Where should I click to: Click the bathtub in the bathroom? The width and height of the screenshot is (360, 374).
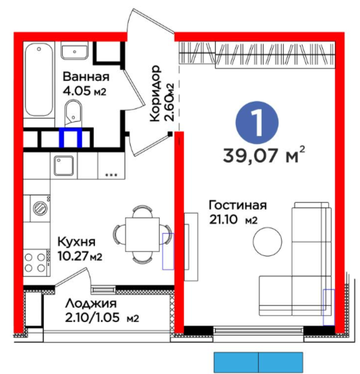click(x=39, y=80)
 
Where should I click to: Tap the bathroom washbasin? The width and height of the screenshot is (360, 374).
click(x=74, y=51)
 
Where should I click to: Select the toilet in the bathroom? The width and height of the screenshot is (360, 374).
click(x=73, y=113)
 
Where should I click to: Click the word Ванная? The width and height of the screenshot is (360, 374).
click(x=86, y=77)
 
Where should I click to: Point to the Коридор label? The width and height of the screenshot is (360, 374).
click(x=154, y=94)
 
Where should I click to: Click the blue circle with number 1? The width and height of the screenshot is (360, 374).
click(x=257, y=123)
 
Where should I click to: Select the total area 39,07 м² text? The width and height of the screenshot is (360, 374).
click(x=264, y=155)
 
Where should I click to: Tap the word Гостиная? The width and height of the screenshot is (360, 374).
click(x=237, y=206)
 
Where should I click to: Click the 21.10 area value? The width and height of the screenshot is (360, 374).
click(x=223, y=220)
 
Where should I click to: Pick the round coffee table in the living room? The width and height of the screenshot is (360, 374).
click(x=268, y=241)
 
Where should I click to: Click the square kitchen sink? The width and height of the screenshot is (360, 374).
click(x=63, y=166)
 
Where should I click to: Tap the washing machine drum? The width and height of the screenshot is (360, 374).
click(x=40, y=208)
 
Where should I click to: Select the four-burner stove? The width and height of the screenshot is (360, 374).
click(x=36, y=262)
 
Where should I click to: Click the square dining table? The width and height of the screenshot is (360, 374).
click(x=142, y=235)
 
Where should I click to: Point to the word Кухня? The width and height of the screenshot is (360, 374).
click(x=76, y=242)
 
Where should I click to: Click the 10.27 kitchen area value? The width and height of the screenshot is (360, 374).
click(x=73, y=256)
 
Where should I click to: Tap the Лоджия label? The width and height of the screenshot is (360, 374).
click(x=91, y=304)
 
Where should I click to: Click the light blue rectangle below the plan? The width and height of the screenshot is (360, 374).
click(x=259, y=363)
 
